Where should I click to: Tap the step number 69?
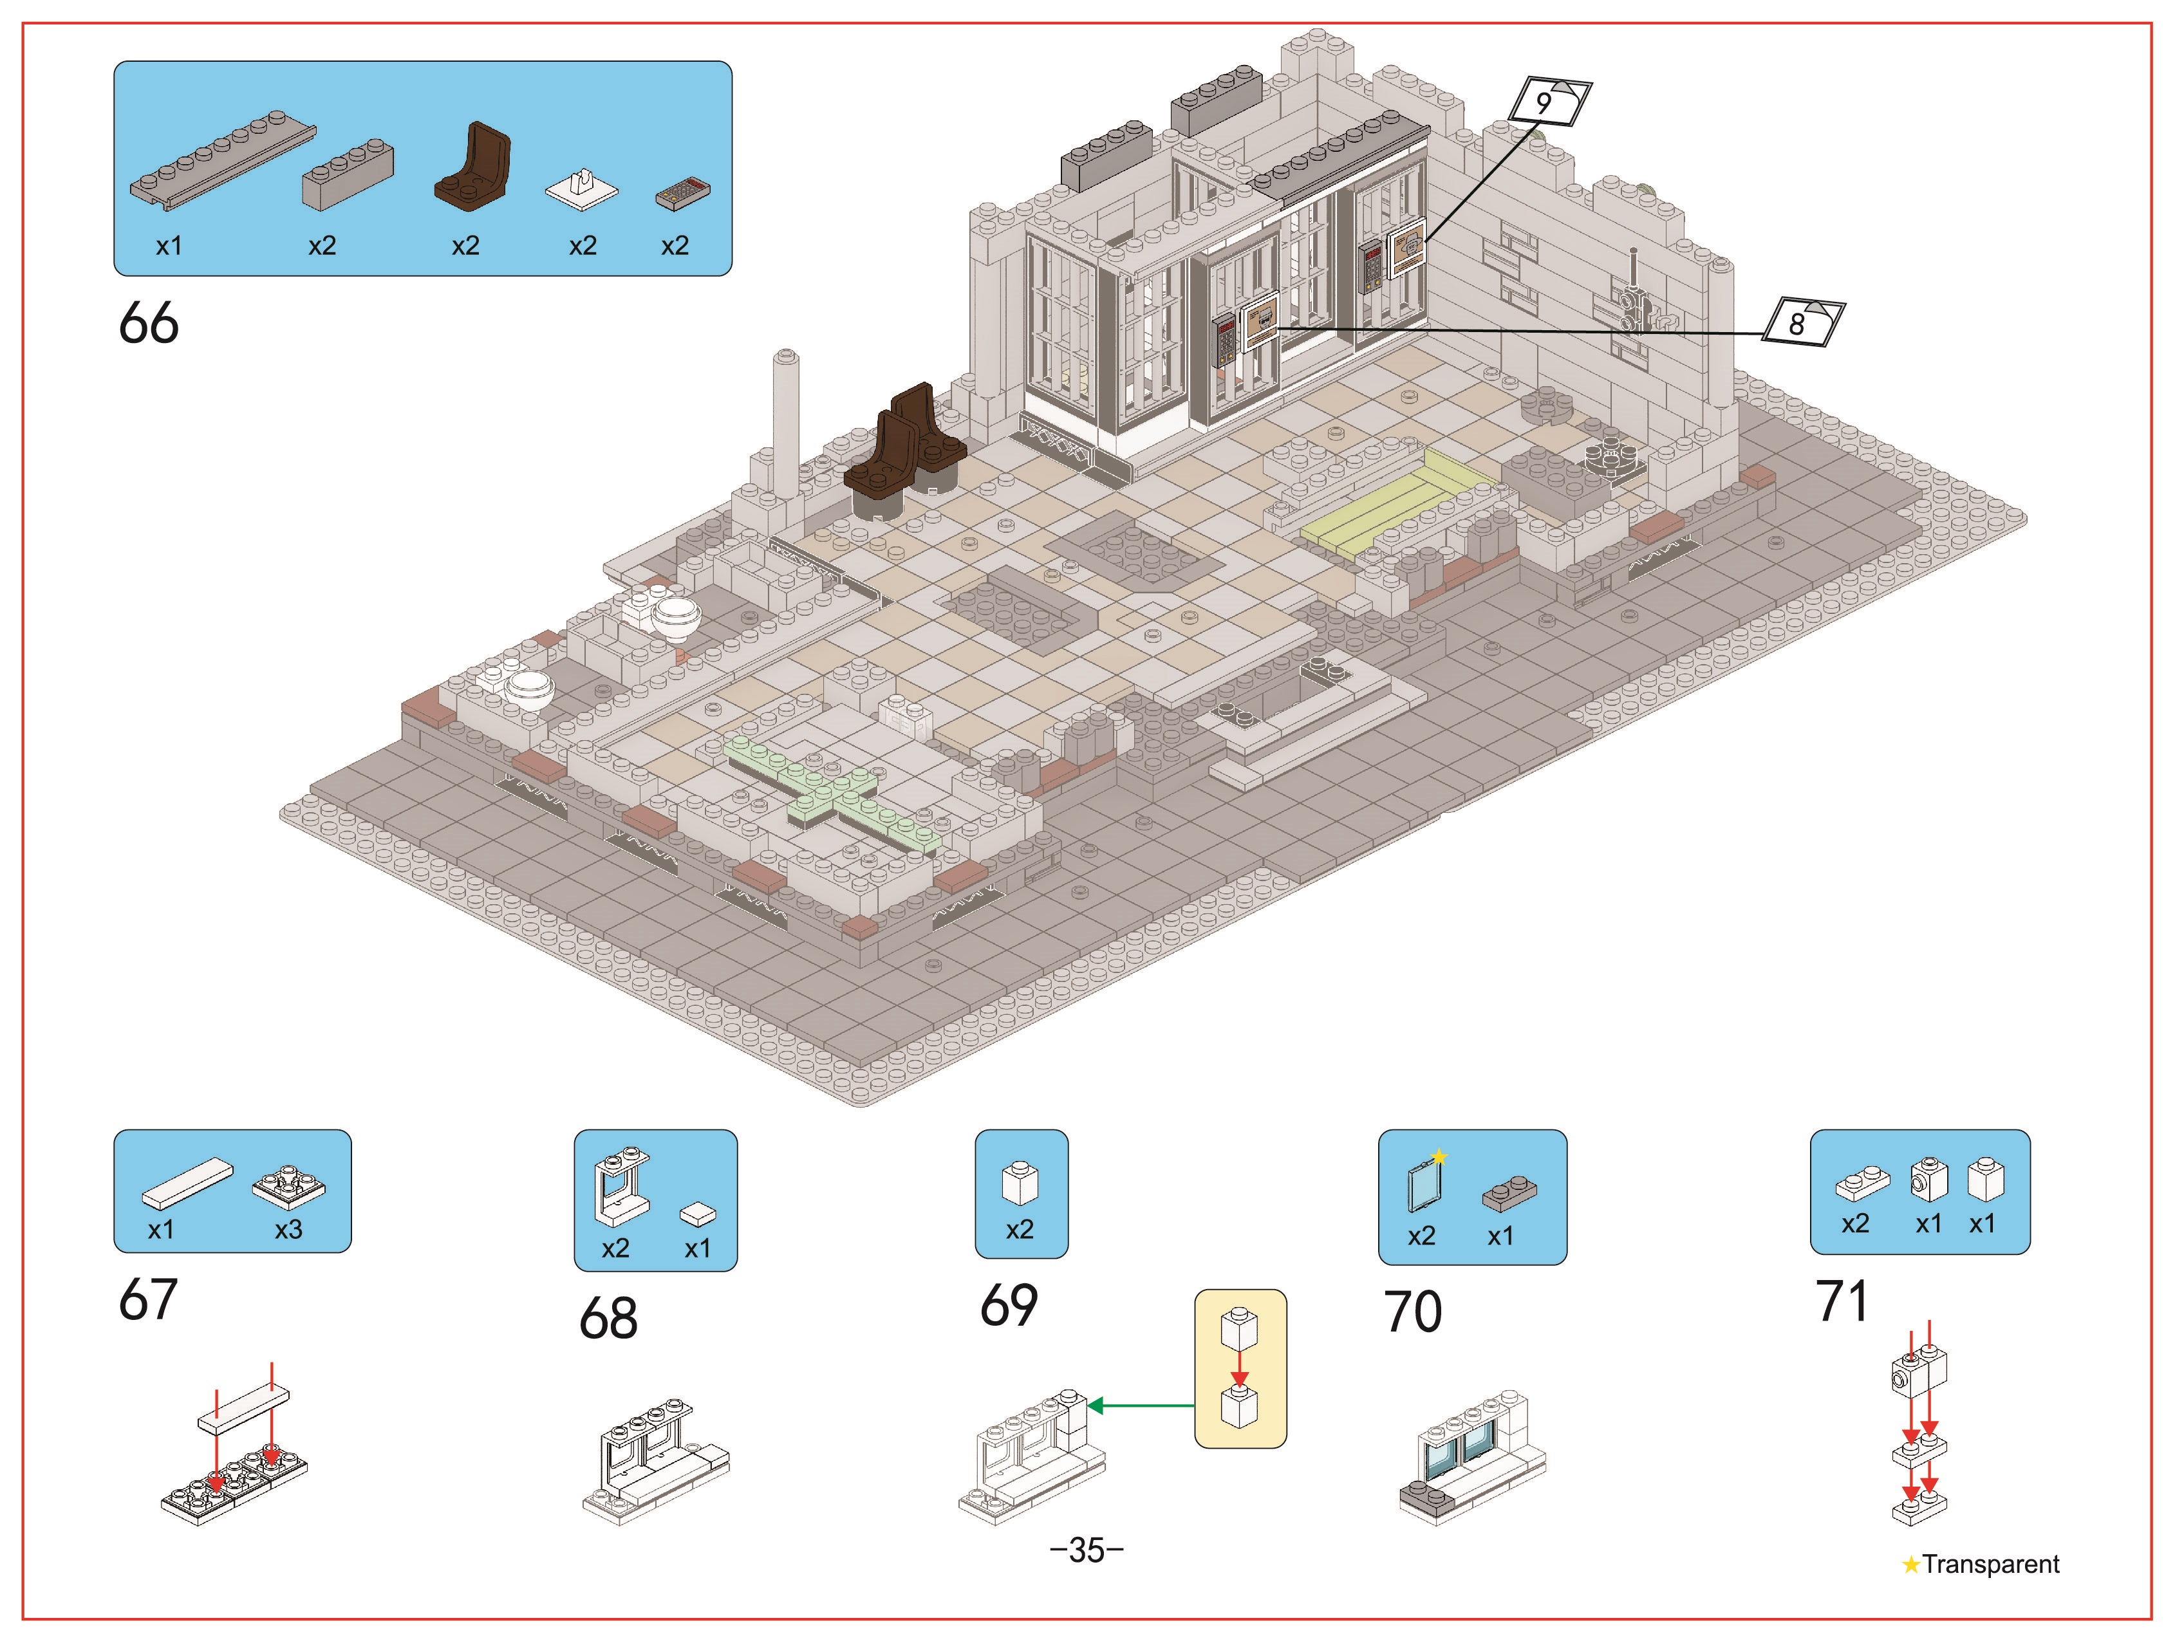click(x=1009, y=1304)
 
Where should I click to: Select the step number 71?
click(x=1842, y=1301)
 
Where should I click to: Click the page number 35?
click(x=1087, y=1550)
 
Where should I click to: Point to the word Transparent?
click(x=1990, y=1564)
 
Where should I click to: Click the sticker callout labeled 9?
click(x=1549, y=101)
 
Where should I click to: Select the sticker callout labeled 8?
click(x=1802, y=322)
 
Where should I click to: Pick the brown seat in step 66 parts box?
click(x=473, y=167)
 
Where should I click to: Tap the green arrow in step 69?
click(x=1142, y=1406)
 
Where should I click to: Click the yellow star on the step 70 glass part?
click(x=1439, y=1157)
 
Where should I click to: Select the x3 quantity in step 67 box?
click(x=288, y=1230)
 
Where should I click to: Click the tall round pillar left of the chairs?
click(x=786, y=423)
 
